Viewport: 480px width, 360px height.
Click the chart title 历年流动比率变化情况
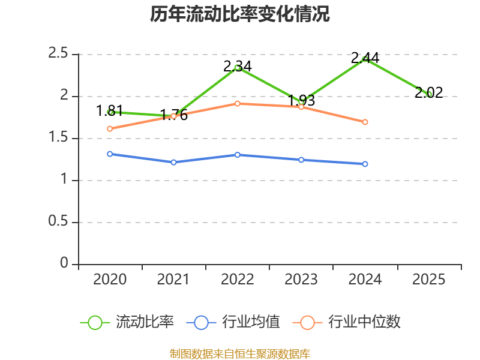coord(239,14)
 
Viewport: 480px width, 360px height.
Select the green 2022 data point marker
coord(237,68)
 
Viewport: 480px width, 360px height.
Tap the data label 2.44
coord(365,58)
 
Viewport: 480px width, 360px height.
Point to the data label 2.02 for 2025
coord(428,92)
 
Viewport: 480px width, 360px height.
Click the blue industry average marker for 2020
coord(110,154)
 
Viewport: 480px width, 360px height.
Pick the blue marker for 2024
coord(365,164)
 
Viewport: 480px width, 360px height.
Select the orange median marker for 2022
coord(237,104)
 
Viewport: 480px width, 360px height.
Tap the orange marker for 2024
coord(365,122)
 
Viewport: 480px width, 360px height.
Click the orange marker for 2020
coord(110,129)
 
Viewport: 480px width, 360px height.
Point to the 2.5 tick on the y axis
coord(58,53)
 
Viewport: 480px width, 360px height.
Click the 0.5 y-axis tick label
coord(58,221)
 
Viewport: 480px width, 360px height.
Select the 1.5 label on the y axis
coord(58,137)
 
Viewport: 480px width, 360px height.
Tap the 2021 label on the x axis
coord(173,279)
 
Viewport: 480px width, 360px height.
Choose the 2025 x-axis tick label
coord(428,279)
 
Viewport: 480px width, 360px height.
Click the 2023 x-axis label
coord(301,279)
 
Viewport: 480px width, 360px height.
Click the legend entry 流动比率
coord(127,322)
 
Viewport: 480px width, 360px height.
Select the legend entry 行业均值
coord(233,322)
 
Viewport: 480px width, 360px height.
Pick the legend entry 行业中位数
coord(347,322)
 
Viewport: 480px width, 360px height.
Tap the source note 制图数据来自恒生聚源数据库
coord(240,354)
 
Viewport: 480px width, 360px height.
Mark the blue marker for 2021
coord(173,162)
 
